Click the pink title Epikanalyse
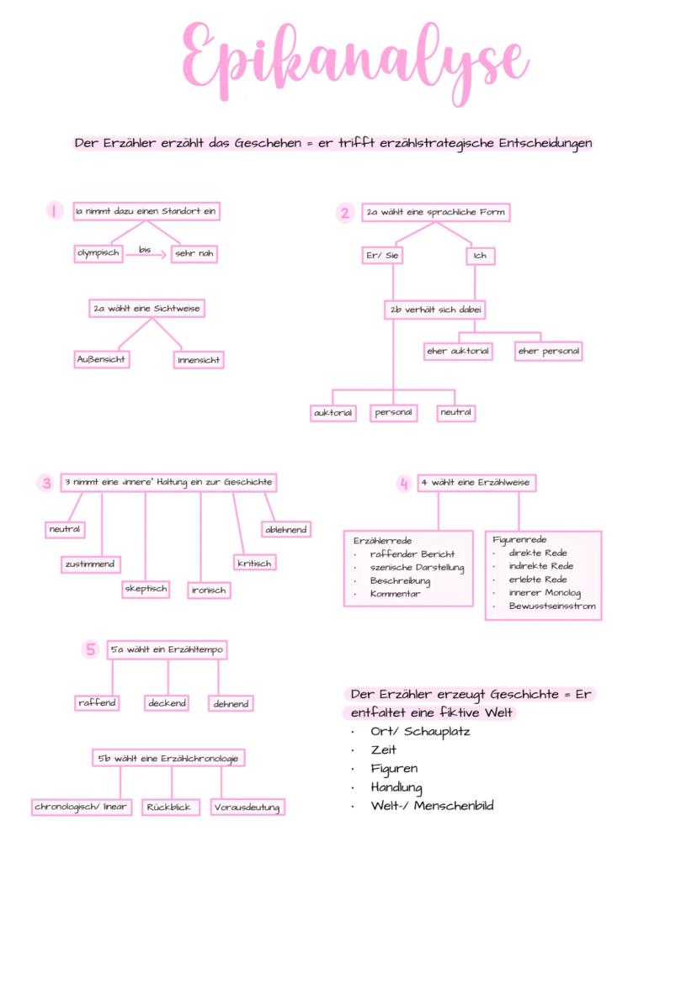(354, 59)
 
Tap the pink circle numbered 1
(55, 212)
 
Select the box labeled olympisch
(98, 253)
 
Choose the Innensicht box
(200, 360)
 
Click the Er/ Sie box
(382, 256)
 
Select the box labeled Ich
(479, 256)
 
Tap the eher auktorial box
(457, 351)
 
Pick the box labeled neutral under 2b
(456, 413)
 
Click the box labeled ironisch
(209, 590)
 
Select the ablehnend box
(286, 529)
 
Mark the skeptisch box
(146, 589)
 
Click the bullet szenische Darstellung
(417, 568)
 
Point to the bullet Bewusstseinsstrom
(551, 606)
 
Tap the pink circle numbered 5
(91, 649)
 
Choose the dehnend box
(231, 703)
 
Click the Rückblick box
(170, 807)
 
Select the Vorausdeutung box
(247, 808)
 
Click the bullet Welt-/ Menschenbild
(432, 806)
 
